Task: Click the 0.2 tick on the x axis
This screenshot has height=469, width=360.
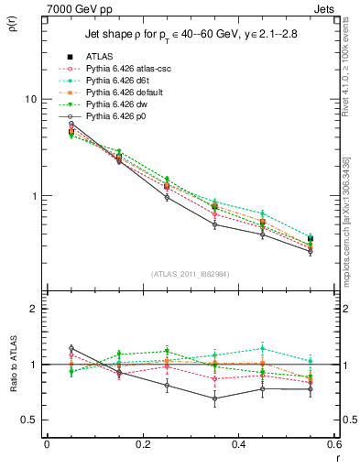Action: click(142, 444)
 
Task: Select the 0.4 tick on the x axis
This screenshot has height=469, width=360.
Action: click(238, 444)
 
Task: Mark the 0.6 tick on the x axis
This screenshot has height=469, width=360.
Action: click(333, 444)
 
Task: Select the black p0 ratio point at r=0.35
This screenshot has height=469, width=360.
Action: click(214, 398)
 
